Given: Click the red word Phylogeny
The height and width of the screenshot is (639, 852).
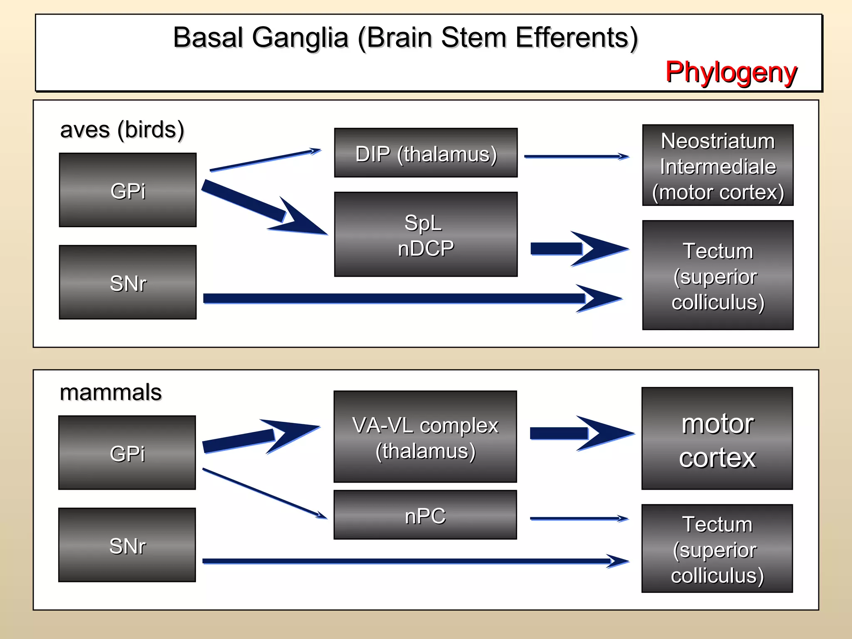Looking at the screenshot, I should (731, 72).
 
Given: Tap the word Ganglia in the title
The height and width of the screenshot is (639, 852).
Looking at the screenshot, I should (300, 37).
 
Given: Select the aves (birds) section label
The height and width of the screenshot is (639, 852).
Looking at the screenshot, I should (122, 130).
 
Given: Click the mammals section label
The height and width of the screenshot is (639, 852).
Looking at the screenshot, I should (111, 392).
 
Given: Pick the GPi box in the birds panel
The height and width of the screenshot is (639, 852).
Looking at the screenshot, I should (128, 190).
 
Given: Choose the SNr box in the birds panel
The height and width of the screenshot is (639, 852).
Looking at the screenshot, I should (128, 282).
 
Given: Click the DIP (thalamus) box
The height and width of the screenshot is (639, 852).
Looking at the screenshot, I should (426, 153).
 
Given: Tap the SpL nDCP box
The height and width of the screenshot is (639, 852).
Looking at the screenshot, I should (426, 234).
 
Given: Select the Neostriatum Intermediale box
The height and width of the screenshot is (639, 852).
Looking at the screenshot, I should (718, 166).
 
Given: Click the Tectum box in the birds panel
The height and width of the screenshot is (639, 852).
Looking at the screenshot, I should (718, 275).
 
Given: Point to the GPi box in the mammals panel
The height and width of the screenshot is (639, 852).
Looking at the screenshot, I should (127, 453).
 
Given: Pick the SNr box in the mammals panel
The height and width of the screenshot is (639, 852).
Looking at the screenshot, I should (127, 545).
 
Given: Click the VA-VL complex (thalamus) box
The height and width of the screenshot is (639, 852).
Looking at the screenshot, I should (425, 437).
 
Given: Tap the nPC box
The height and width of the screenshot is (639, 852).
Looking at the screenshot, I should (425, 515).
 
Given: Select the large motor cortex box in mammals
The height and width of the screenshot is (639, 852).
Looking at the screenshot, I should (717, 439).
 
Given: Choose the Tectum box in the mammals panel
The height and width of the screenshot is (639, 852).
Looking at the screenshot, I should (717, 549).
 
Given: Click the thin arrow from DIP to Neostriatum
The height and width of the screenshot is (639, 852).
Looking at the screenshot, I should (576, 157).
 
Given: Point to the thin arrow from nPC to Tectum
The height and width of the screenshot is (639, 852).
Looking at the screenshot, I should (578, 519).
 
